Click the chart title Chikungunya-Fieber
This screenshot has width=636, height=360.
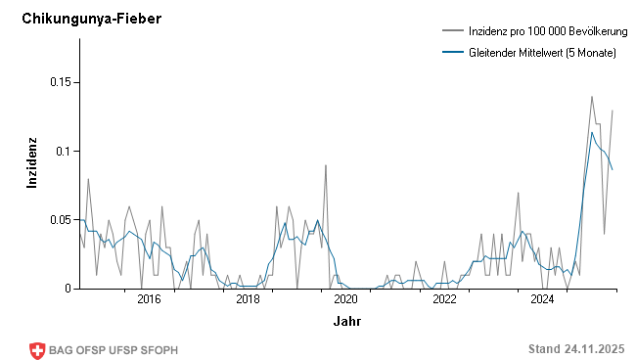coord(91,20)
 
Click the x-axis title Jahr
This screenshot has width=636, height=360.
coord(345,321)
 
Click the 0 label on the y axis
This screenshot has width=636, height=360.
coord(68,289)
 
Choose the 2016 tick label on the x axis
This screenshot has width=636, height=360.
coord(149,300)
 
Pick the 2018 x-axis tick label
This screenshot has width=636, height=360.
coord(248,300)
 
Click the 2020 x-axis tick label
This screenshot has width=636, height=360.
coord(345,300)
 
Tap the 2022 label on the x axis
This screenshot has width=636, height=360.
coord(444,300)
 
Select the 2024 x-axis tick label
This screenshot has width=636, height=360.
coord(543,300)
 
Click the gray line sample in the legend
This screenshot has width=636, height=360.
coord(452,32)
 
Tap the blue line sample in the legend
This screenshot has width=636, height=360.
coord(452,52)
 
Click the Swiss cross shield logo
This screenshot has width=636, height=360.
coord(38,350)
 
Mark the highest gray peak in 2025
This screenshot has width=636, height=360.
coord(591,97)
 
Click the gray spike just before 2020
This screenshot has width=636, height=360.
coord(326,165)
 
